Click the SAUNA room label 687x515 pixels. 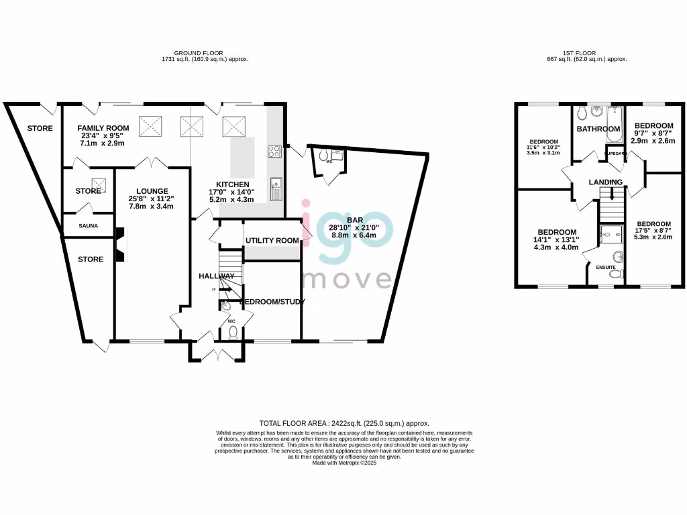[87, 226]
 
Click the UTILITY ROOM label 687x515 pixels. [272, 241]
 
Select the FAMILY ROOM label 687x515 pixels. [103, 128]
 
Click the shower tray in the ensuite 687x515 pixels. [611, 233]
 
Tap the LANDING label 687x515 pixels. [606, 182]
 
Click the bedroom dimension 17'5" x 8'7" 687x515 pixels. [654, 233]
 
